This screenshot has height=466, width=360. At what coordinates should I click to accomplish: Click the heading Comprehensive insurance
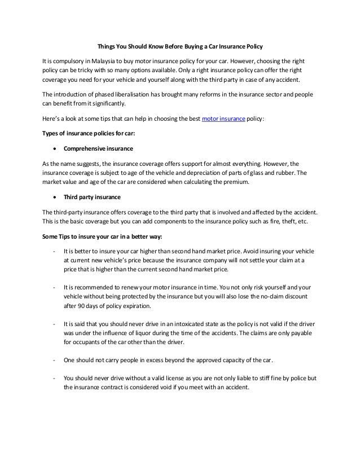click(x=98, y=149)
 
